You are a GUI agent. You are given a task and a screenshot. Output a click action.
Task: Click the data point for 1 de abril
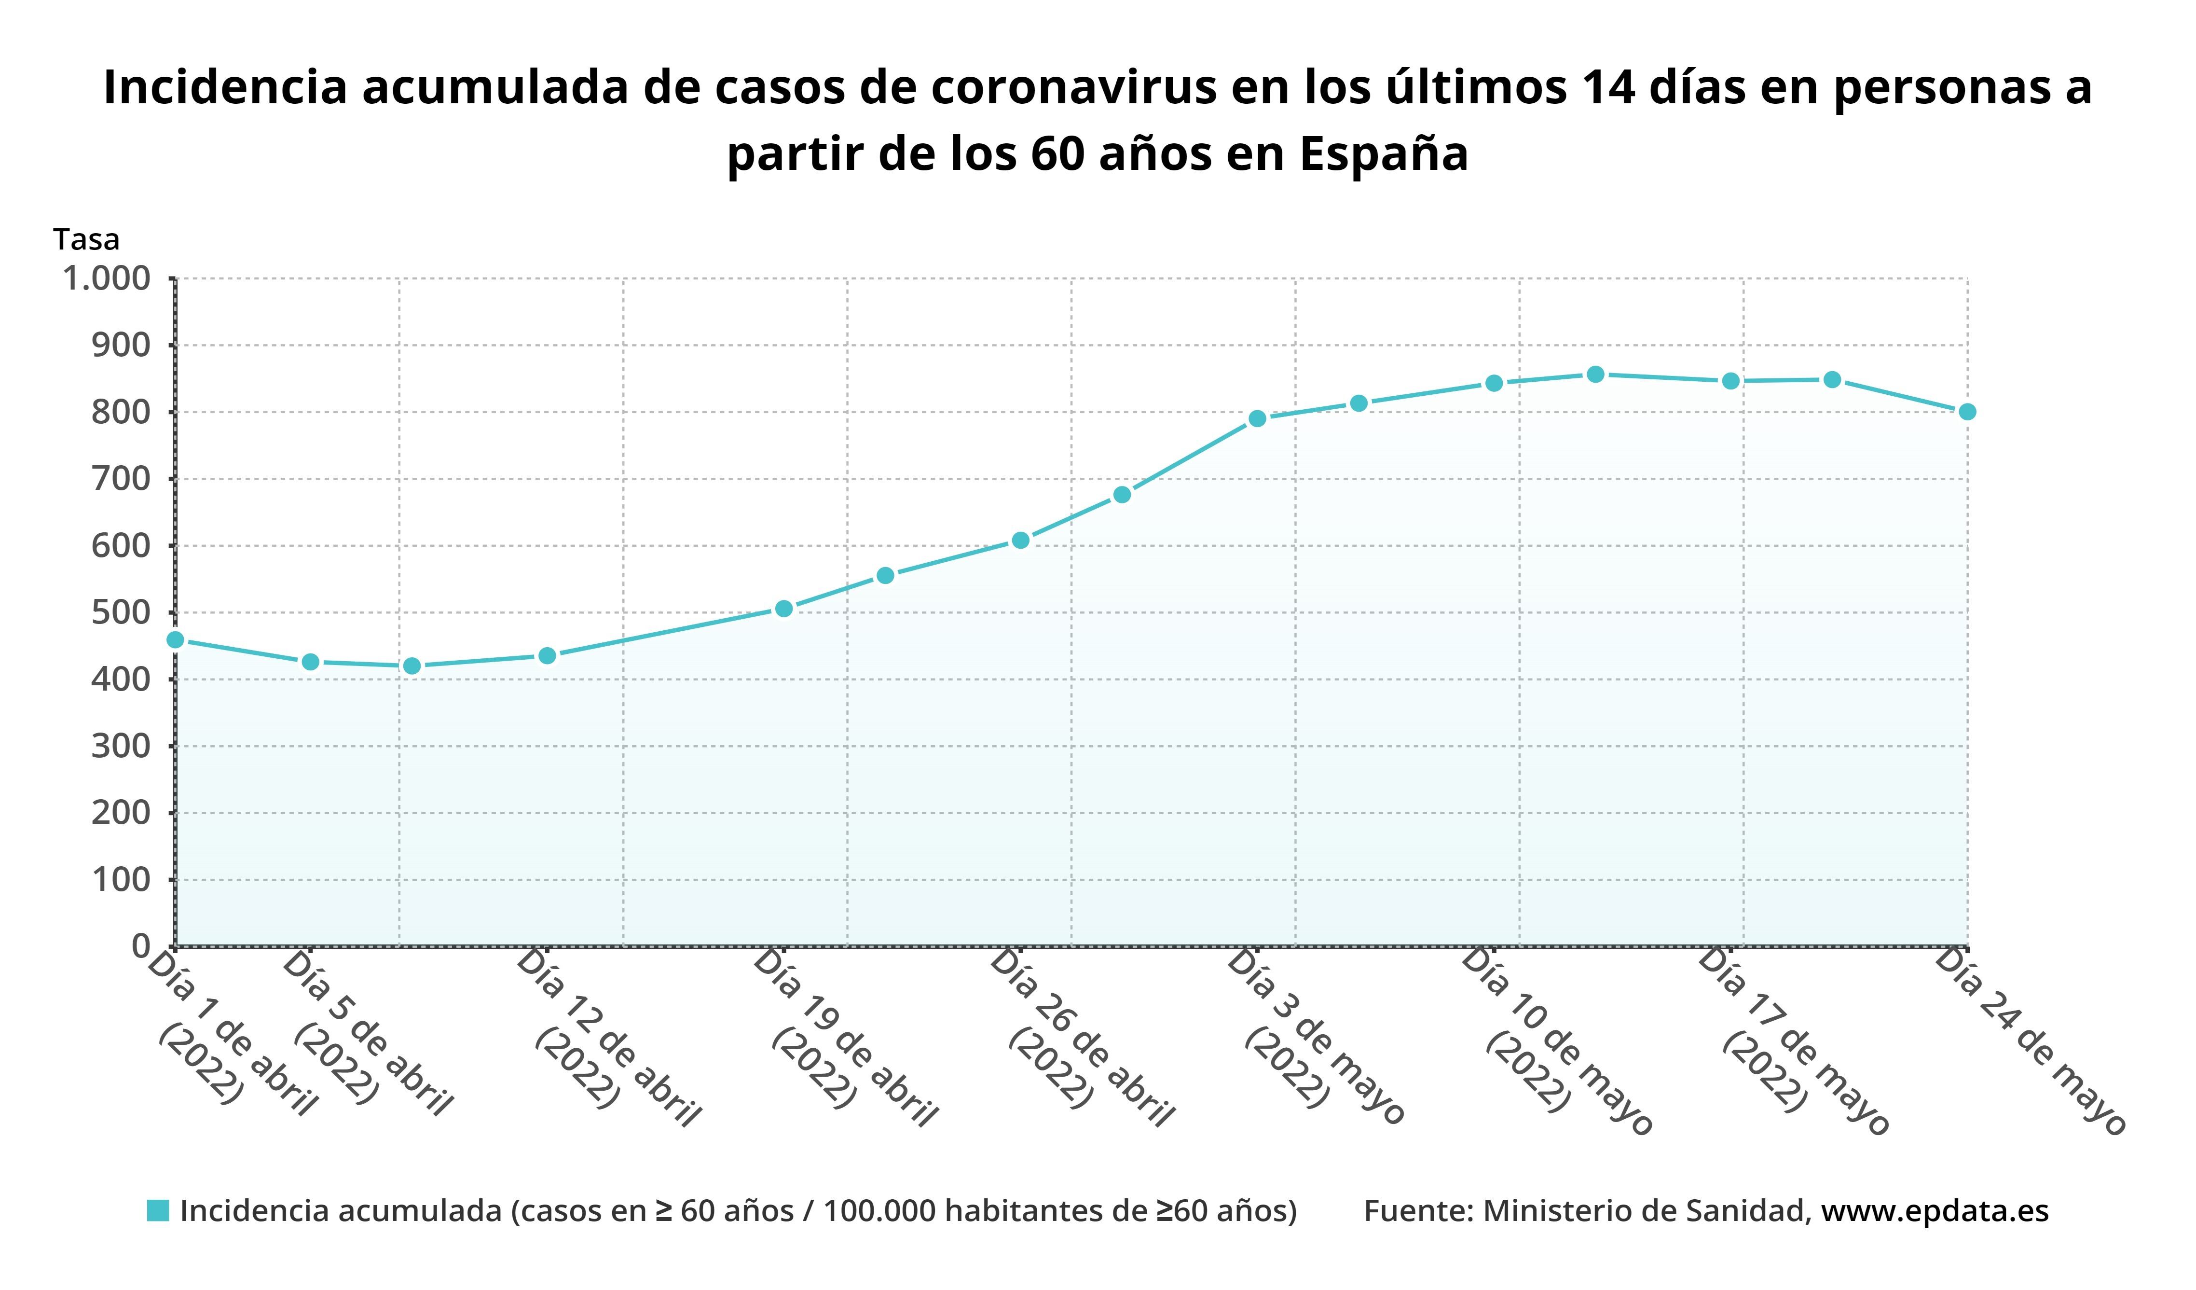[175, 640]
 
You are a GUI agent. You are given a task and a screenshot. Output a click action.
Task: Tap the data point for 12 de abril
[547, 655]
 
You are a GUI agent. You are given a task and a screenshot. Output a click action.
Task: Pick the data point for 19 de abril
[783, 609]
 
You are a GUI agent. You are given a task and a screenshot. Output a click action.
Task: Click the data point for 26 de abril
[1020, 541]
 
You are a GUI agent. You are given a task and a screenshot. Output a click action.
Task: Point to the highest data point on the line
[1595, 375]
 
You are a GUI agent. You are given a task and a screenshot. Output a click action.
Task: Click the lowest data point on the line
[412, 666]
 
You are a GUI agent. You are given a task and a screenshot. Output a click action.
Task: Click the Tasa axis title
[86, 239]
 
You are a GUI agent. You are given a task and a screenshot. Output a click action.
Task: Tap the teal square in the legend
[158, 1211]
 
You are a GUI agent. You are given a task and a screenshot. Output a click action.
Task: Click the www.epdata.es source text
[1935, 1211]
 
